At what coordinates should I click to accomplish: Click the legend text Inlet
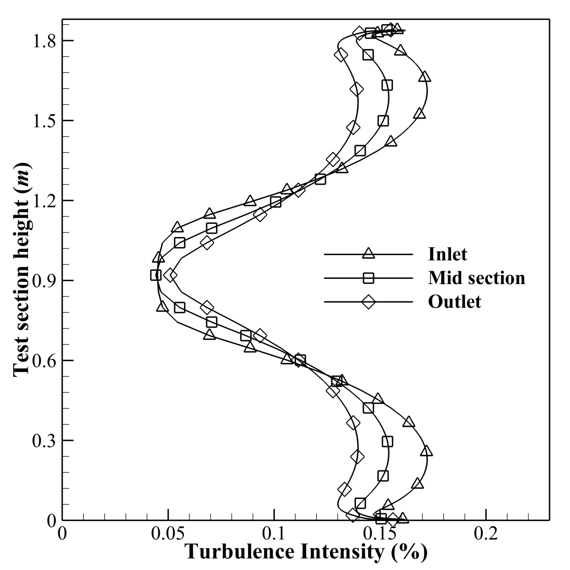(x=448, y=254)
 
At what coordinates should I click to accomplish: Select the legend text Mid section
(x=476, y=278)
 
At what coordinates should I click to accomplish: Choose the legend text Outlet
(x=455, y=302)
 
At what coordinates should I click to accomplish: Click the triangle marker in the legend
(x=368, y=254)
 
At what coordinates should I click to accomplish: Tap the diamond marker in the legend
(x=368, y=302)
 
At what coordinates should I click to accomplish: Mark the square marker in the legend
(x=368, y=278)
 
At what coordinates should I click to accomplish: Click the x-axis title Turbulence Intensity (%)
(x=306, y=552)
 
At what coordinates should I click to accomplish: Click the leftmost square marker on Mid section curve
(x=155, y=275)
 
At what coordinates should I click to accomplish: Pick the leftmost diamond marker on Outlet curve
(x=170, y=275)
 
